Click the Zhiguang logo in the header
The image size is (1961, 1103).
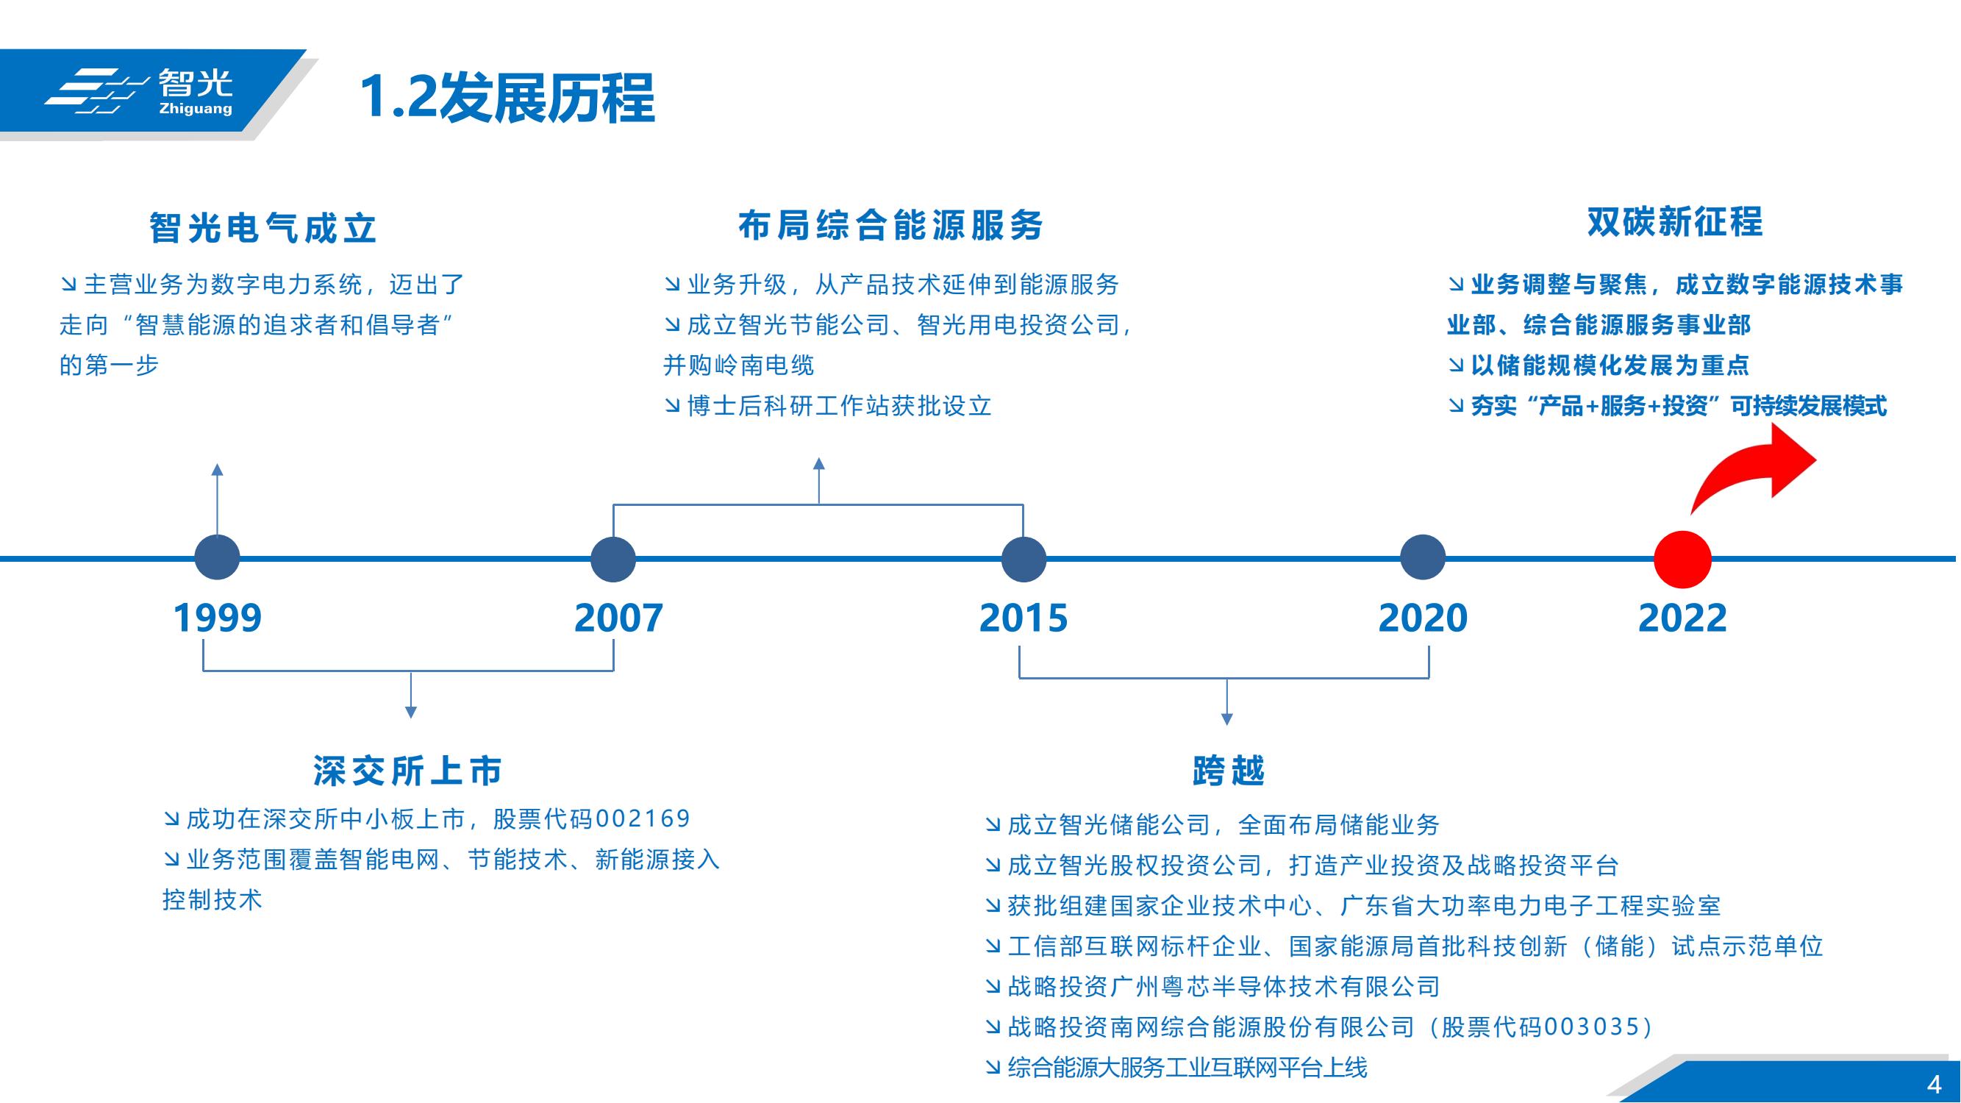[138, 92]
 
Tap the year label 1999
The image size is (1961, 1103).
[218, 618]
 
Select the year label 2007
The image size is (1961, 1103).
[619, 618]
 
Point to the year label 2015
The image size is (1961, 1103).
[1024, 618]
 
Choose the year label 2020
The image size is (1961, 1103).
[1423, 618]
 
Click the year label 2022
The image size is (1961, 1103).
[1682, 618]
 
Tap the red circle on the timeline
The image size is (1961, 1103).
[1682, 560]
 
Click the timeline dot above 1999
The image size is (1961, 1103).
[218, 558]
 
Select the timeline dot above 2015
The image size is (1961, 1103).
[1024, 560]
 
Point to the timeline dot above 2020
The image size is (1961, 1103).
[1423, 557]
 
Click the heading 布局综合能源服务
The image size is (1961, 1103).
[890, 225]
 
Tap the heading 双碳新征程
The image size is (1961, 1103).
[1675, 221]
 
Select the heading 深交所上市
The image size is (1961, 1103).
[408, 771]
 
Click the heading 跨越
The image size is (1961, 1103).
[1228, 771]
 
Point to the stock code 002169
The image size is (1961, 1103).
[643, 818]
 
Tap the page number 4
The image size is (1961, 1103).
[1935, 1083]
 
